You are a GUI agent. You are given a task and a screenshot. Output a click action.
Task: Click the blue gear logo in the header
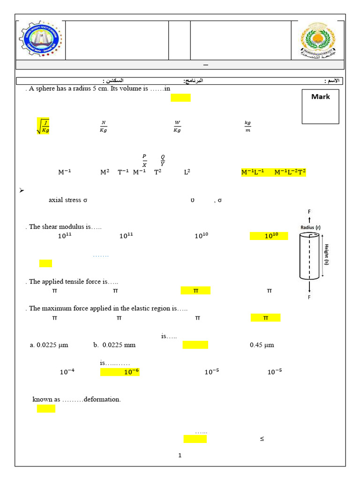(39, 39)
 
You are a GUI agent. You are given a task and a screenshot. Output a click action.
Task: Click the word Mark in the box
(320, 97)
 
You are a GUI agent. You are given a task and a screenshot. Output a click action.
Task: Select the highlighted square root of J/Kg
(43, 126)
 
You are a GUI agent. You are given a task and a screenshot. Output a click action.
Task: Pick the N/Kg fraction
(104, 127)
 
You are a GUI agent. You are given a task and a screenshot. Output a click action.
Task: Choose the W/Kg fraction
(177, 127)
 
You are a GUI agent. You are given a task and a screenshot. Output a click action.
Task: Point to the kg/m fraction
(247, 127)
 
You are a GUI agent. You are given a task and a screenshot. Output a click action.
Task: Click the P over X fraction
(144, 160)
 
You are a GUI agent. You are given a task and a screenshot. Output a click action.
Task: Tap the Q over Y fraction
(163, 160)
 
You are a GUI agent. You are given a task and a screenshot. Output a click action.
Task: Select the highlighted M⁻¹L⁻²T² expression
(290, 172)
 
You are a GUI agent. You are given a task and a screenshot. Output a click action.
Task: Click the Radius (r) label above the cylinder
(310, 227)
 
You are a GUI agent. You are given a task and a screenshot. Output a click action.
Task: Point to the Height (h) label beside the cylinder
(326, 255)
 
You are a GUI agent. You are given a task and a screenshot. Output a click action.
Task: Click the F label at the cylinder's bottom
(309, 297)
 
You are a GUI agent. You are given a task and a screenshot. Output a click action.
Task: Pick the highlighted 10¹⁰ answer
(271, 236)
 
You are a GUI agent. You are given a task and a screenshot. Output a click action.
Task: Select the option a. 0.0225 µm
(49, 345)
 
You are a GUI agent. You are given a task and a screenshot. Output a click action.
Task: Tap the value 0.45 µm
(262, 345)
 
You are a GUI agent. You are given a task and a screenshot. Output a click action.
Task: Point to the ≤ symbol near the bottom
(262, 439)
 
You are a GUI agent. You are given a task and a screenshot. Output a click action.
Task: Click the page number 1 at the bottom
(180, 455)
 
